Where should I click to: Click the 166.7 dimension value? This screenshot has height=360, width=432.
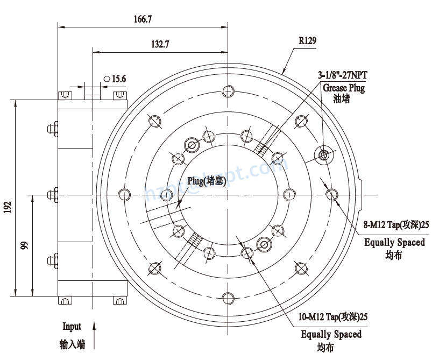[143, 19]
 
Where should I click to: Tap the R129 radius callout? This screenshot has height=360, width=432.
[307, 41]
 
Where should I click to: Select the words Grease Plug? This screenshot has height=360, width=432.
[344, 87]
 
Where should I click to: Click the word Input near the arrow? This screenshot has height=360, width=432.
[72, 327]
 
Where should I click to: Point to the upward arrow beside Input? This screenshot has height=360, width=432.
[95, 334]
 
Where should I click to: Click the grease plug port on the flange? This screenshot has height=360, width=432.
[324, 155]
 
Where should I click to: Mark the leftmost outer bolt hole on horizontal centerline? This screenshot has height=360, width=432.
[125, 194]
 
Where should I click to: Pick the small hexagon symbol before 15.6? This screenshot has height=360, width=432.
[107, 79]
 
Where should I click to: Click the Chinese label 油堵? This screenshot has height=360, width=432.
[342, 99]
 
